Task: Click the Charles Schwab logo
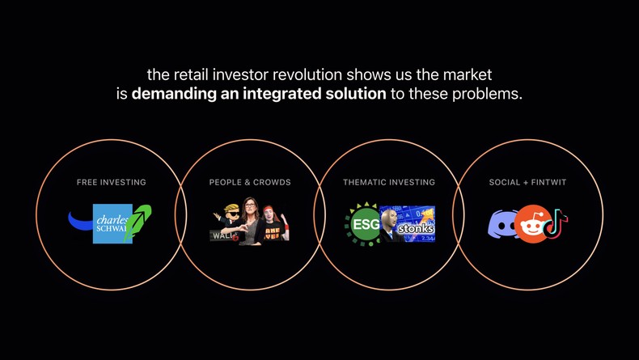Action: (112, 223)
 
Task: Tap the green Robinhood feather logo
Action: (138, 223)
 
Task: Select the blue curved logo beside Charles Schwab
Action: (81, 220)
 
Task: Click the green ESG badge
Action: (365, 224)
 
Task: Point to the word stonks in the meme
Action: (416, 228)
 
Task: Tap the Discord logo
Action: (502, 224)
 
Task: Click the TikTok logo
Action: (556, 223)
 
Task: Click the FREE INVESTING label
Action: (112, 182)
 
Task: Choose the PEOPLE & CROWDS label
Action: (250, 182)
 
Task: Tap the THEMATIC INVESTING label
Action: (389, 182)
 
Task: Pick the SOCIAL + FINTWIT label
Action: (527, 182)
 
